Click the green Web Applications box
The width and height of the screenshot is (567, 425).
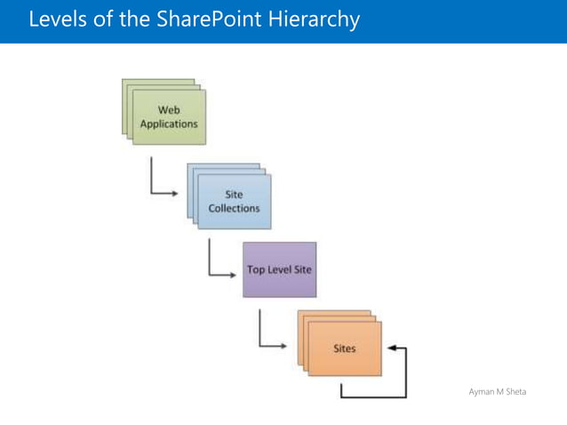(x=169, y=116)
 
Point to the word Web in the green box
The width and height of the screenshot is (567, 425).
(x=169, y=110)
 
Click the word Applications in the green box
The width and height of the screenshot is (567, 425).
(x=169, y=124)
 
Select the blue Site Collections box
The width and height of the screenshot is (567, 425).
(x=234, y=201)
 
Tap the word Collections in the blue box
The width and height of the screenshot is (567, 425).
(x=234, y=208)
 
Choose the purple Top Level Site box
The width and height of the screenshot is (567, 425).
(x=279, y=269)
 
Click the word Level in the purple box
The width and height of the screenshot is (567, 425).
(x=279, y=269)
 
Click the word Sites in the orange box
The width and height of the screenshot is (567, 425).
(x=345, y=349)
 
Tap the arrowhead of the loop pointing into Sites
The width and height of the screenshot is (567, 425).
(x=391, y=349)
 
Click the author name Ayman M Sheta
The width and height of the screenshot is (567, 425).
(x=497, y=391)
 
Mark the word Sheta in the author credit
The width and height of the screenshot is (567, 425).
(x=515, y=391)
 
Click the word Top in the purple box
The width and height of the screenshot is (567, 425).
(x=257, y=269)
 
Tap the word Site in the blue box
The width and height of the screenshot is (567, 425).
(x=234, y=195)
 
